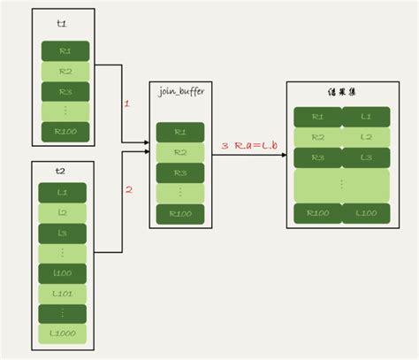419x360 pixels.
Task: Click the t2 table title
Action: point(63,171)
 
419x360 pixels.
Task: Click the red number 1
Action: point(126,103)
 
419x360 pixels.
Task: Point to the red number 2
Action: point(128,188)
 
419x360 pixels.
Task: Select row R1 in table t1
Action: point(65,51)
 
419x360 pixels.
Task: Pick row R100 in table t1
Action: point(65,133)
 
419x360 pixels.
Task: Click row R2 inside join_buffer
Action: point(180,152)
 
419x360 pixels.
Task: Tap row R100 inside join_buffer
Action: point(180,213)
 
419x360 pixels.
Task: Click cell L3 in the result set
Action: point(364,157)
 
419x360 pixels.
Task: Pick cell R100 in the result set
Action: point(316,212)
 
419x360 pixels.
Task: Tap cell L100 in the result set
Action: point(364,212)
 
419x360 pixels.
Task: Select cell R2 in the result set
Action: point(316,137)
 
